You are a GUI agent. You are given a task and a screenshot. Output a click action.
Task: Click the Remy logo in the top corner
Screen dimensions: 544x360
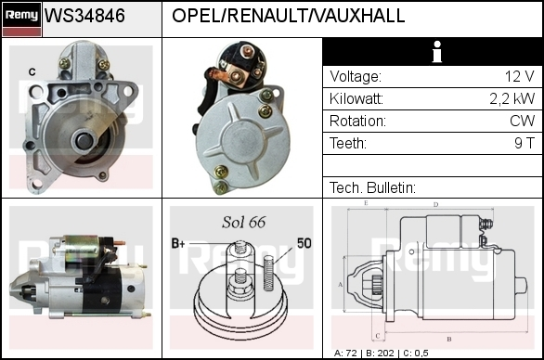(21, 19)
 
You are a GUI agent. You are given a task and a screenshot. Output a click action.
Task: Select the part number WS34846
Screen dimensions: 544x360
(84, 16)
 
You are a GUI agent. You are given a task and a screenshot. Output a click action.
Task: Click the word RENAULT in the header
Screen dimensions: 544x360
(269, 16)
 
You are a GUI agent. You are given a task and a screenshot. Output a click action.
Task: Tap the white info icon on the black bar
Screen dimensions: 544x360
(437, 52)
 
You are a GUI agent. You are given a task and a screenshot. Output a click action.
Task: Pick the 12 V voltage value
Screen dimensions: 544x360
(519, 76)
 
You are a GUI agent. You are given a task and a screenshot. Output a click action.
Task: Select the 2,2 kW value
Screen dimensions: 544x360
(512, 99)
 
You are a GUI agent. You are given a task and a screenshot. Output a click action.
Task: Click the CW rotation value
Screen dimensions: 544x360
(522, 121)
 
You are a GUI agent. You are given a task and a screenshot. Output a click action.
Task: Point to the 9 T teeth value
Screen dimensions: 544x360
(525, 143)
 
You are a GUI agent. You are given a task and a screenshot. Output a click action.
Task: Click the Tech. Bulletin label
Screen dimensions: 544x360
(372, 187)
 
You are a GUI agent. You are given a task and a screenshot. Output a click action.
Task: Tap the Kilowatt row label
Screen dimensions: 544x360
(356, 99)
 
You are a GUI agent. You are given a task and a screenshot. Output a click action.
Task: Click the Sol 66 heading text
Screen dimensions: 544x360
(243, 223)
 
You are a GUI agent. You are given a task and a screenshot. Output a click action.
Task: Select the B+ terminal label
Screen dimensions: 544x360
(178, 243)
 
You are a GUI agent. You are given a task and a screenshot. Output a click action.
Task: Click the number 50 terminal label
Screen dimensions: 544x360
(304, 243)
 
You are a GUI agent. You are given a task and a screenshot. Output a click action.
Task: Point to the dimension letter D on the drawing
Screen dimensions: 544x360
(435, 205)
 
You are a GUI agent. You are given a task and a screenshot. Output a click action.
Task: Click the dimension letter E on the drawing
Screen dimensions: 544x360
(366, 203)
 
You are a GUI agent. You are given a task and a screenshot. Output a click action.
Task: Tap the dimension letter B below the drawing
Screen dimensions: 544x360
(449, 339)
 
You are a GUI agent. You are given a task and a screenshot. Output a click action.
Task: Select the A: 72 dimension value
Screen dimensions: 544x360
(345, 354)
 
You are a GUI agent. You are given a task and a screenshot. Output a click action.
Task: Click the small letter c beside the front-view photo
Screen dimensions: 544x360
(32, 71)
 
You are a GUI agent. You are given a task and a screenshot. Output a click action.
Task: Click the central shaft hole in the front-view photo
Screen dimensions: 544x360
(84, 139)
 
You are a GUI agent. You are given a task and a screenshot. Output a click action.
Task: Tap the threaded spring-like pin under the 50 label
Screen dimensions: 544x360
(268, 273)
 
